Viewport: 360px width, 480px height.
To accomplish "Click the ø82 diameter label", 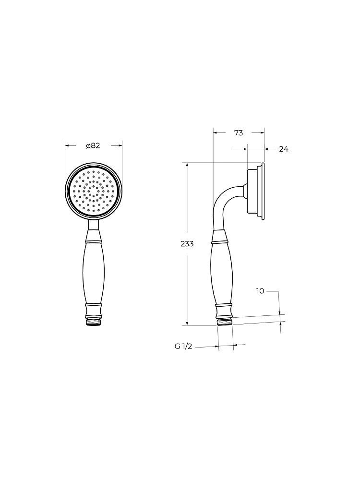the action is (93, 146).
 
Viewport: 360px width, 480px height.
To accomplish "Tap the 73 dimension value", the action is (239, 133).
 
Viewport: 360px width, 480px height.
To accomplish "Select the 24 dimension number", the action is (284, 149).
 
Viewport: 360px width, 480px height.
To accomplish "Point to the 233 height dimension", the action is (187, 244).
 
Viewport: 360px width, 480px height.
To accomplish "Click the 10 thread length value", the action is (260, 291).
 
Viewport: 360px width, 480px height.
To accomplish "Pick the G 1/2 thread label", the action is (183, 347).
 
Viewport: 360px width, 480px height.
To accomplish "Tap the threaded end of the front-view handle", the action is (94, 322).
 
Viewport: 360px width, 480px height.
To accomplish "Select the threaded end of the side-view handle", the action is (225, 322).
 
